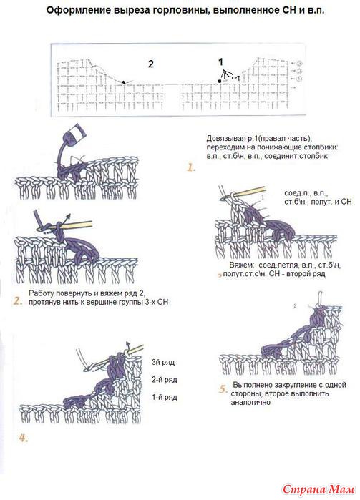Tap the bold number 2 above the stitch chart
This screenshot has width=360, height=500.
coord(150,64)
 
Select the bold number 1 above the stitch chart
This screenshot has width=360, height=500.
coord(220,62)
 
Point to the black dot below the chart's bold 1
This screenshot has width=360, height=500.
coord(220,82)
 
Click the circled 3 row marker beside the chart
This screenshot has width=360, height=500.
coord(299,63)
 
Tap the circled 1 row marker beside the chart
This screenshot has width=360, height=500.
coord(299,79)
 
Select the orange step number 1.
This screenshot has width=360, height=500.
coord(191,167)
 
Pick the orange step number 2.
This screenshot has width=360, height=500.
coord(18,301)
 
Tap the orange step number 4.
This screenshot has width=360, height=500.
coord(24,438)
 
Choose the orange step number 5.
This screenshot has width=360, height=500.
coord(223,389)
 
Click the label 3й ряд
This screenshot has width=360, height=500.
coord(163,362)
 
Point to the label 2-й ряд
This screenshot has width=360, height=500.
coord(165,380)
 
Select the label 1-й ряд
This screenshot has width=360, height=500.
coord(165,397)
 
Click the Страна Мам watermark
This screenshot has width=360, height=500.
coord(318,489)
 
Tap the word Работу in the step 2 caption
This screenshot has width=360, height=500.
coord(39,293)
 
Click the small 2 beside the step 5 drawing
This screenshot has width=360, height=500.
coord(295,306)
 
